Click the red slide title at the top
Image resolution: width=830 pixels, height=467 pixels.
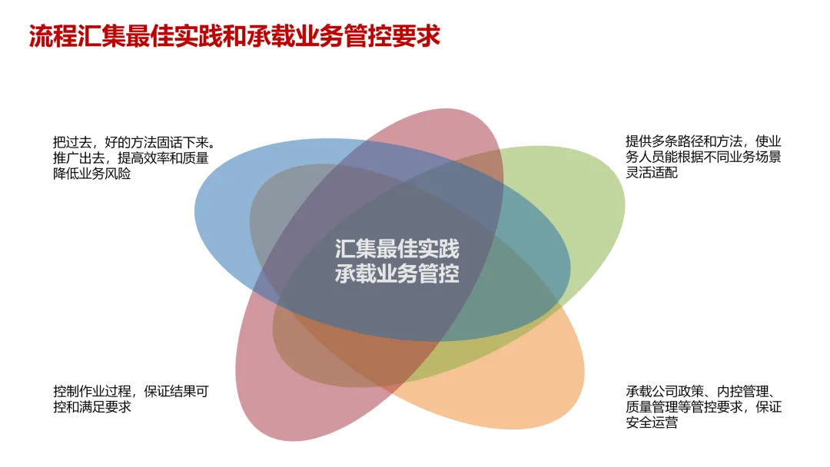click(x=234, y=35)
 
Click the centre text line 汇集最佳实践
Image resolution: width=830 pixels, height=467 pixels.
click(x=397, y=250)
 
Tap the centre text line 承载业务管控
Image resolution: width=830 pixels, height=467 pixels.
click(x=397, y=274)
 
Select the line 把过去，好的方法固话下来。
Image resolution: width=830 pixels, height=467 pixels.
click(x=133, y=142)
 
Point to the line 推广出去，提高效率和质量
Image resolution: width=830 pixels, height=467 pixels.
click(x=131, y=158)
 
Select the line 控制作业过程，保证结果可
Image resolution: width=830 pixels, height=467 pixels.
click(x=131, y=391)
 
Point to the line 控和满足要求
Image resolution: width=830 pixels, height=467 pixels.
click(x=92, y=407)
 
